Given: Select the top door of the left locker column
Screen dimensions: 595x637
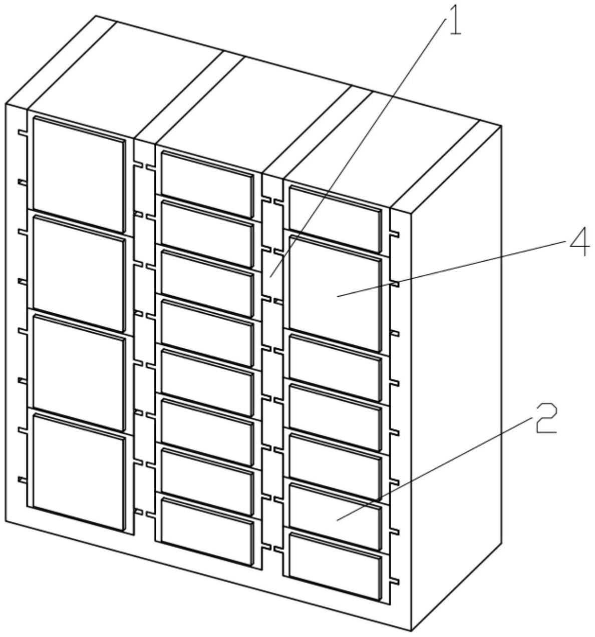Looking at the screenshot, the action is click(x=79, y=175).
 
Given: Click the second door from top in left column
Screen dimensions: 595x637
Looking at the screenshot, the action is click(x=79, y=274).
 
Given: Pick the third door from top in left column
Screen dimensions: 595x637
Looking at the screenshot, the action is click(x=79, y=373).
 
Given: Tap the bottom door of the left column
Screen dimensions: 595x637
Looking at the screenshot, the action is click(x=79, y=472).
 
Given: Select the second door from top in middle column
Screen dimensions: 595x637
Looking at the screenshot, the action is click(x=207, y=235).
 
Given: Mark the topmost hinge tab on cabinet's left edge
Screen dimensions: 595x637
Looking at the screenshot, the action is click(x=23, y=132).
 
